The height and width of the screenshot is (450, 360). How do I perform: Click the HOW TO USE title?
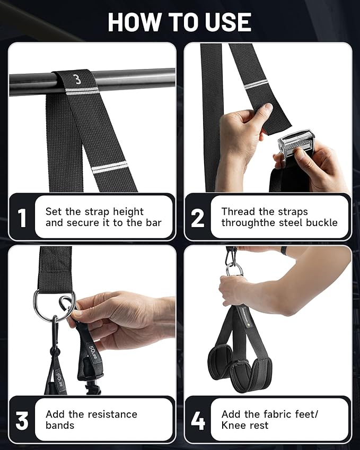pos(180,22)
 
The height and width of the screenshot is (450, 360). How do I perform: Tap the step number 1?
pos(22,218)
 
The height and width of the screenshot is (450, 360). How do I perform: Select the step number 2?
pos(197,218)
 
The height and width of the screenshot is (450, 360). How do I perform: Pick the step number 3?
pos(22,420)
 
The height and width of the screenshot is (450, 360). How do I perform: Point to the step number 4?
pos(197,420)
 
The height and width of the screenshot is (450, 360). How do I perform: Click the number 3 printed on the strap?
pos(77,80)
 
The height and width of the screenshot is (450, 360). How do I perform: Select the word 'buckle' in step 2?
pos(320,223)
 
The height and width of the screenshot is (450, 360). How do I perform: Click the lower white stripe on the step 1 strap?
pos(110,169)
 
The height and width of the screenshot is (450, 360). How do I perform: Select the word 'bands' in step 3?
pos(60,426)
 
